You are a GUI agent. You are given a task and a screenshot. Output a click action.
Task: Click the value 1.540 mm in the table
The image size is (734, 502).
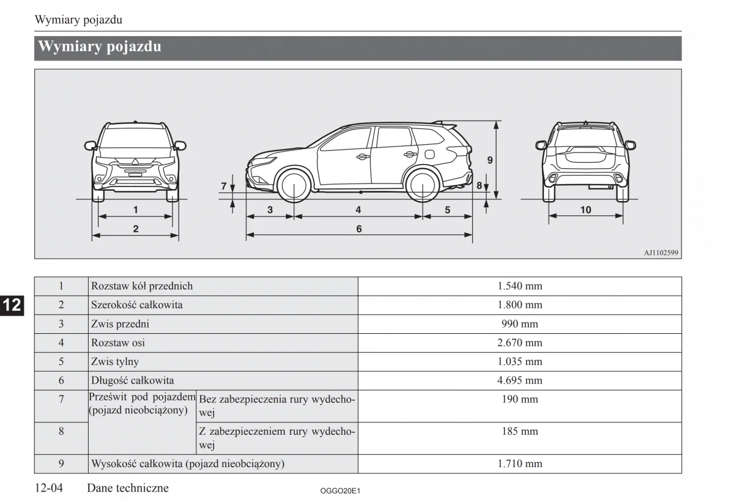point(519,286)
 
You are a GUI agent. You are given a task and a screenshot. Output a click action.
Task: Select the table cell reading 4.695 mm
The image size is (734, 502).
point(519,380)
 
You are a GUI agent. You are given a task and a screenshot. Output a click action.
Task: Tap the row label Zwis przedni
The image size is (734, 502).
point(120,324)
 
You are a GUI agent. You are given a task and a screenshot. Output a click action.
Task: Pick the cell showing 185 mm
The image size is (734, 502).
point(519,432)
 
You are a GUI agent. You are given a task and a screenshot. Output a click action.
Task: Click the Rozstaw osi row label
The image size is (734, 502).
point(118,343)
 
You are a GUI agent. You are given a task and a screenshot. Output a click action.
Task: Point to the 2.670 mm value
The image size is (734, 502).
point(519,343)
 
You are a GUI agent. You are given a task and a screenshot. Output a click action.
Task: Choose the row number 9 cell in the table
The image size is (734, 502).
point(61,463)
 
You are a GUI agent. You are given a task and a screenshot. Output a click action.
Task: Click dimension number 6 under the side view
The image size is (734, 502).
point(359,229)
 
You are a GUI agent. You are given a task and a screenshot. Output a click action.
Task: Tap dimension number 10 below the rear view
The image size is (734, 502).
point(585,210)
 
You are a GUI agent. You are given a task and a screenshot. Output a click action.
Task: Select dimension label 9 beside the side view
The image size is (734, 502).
point(490,160)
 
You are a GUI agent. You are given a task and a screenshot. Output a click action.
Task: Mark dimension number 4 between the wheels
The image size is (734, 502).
point(358,210)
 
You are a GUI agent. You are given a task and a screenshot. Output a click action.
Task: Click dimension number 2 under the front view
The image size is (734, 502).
point(135,229)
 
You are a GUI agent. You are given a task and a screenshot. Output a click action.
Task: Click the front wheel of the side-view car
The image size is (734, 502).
point(294,186)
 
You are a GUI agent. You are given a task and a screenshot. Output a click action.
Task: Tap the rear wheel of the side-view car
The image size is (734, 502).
point(423,186)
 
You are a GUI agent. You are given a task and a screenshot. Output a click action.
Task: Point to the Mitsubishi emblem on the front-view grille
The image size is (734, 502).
point(135,162)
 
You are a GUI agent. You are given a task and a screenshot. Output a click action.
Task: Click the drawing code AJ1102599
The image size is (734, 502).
point(661,253)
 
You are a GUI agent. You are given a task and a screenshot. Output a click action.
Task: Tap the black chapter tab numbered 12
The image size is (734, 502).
point(12,305)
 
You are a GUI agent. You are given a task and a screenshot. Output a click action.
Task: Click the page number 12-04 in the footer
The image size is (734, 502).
point(49,488)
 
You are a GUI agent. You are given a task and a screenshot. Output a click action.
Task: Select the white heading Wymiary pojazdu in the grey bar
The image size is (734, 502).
point(100,47)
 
